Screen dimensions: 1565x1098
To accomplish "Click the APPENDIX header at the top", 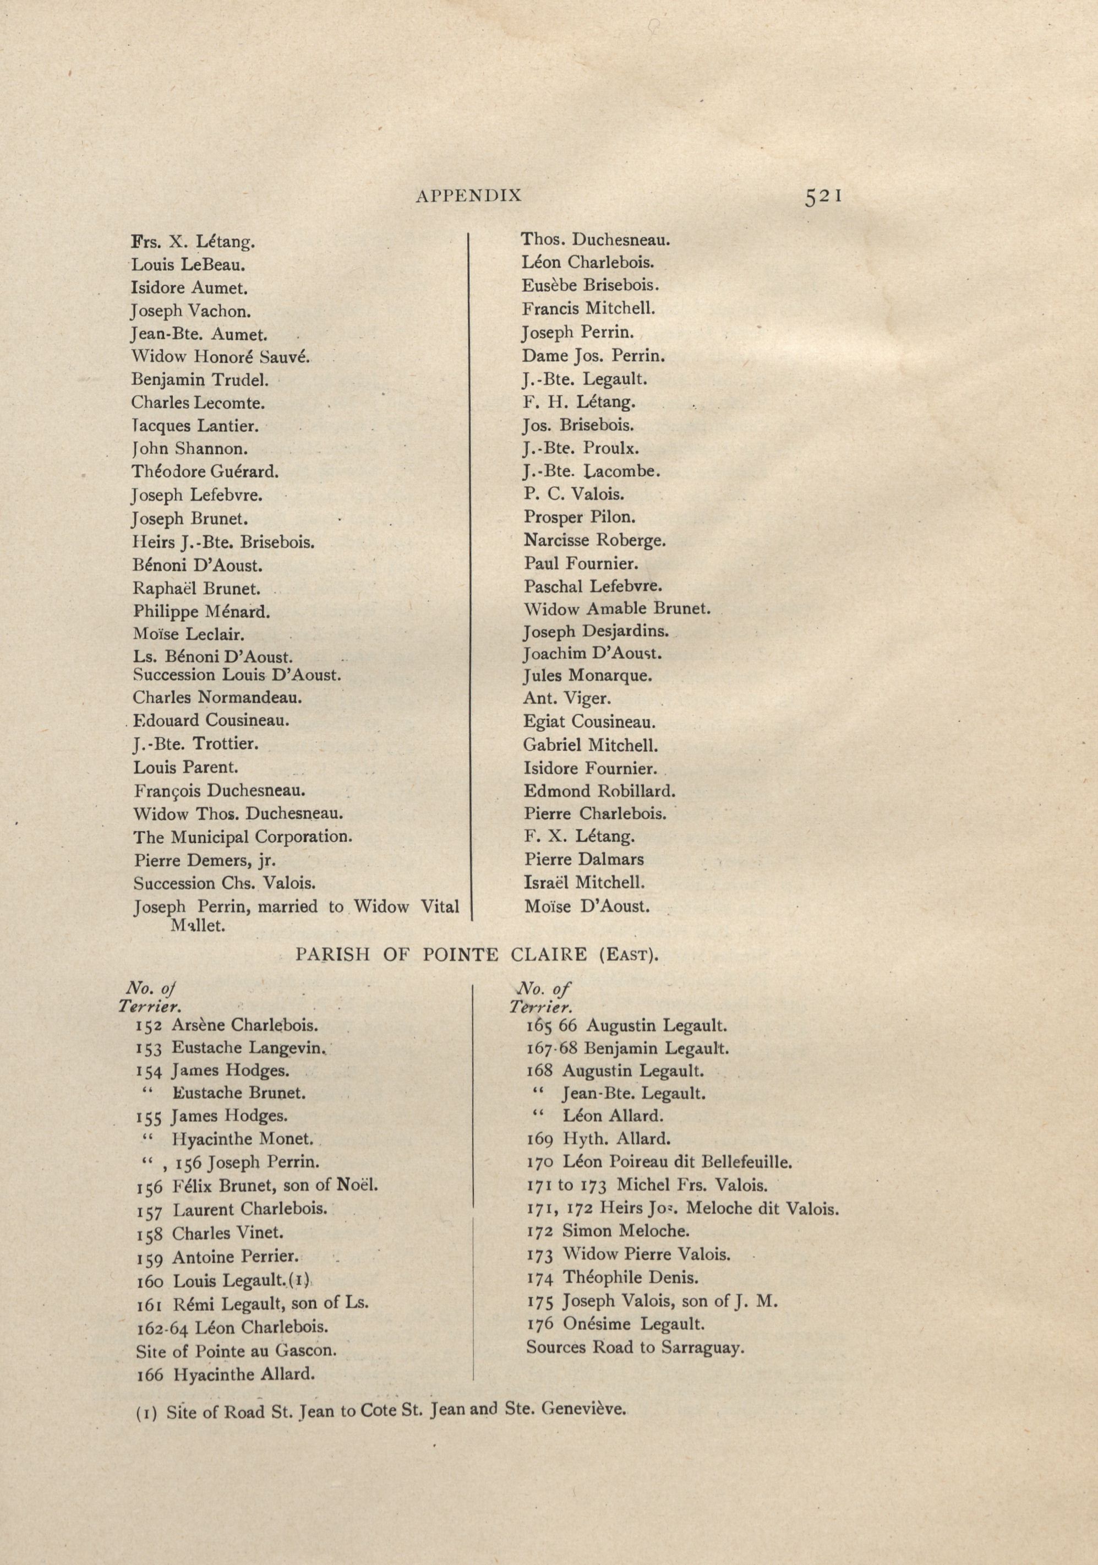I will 468,195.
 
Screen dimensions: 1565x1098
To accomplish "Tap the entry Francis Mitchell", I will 588,309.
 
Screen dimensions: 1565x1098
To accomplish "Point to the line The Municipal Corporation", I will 243,837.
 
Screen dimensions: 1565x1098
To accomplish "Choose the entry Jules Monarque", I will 588,676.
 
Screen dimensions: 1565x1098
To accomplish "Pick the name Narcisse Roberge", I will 594,541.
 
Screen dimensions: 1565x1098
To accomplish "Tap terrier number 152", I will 149,1025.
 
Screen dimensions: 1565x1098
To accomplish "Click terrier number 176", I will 540,1324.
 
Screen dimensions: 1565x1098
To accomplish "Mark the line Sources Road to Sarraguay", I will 635,1347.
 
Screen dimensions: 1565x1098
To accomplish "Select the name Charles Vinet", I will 227,1233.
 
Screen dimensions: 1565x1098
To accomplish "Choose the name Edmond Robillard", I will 599,791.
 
